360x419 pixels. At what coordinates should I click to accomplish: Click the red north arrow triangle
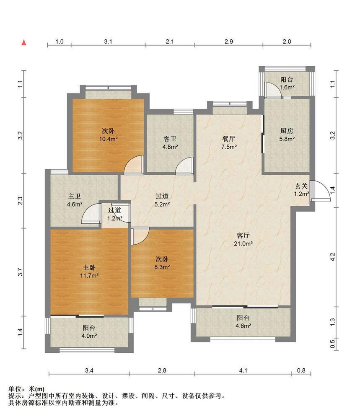24,42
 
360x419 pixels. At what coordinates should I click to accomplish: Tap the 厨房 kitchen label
287,131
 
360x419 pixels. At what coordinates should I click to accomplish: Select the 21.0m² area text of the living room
243,243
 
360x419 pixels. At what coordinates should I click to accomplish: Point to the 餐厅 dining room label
229,139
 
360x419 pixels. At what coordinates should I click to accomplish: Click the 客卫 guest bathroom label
170,139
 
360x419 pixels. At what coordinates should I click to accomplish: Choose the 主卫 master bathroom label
74,197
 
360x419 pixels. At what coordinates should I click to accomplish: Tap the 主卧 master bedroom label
89,267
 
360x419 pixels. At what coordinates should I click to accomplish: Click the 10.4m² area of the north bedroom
108,139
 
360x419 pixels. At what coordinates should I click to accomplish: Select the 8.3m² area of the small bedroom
162,267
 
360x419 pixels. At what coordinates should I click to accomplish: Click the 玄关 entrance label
301,186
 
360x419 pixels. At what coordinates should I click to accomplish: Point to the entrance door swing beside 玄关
321,191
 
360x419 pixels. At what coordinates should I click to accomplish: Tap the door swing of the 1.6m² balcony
273,90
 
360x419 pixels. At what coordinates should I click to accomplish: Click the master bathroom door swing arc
91,213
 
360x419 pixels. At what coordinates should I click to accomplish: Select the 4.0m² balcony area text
89,336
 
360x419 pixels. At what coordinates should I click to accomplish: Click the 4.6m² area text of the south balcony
243,326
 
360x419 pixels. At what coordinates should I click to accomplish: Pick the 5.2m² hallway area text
162,204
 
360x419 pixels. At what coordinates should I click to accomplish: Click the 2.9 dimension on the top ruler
229,41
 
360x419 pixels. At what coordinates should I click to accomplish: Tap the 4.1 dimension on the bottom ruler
243,370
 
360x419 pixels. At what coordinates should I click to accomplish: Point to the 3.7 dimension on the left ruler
20,272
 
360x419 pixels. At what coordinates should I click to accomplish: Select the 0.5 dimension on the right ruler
332,344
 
